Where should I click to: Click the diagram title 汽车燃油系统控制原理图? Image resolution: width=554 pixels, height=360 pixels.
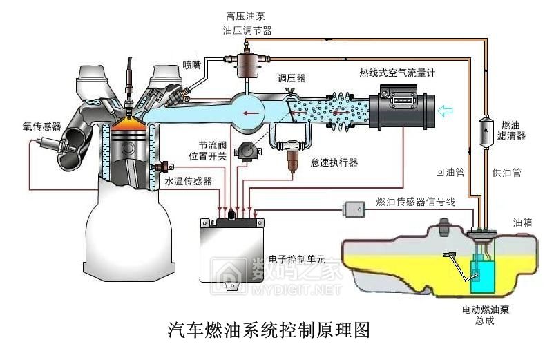[269, 330]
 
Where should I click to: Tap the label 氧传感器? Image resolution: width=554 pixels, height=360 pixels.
[42, 127]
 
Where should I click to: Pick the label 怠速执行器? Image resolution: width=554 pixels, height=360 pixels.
[334, 162]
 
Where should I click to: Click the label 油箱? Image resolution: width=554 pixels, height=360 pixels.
[522, 222]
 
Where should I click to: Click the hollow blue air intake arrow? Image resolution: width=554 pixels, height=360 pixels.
[447, 108]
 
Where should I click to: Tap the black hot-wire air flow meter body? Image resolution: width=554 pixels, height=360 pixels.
[400, 108]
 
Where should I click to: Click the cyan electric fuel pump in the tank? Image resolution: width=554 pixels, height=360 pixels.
[479, 276]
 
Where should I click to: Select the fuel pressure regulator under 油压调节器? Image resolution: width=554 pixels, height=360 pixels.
[246, 63]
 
